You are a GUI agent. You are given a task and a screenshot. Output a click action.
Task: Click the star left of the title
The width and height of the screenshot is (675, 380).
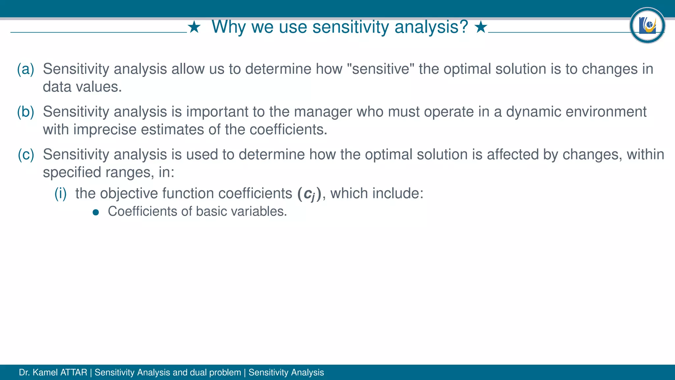click(194, 27)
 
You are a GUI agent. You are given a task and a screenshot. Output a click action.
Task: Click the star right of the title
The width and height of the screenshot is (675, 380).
click(481, 27)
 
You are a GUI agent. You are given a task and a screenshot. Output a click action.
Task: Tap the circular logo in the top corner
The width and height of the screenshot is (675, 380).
click(647, 25)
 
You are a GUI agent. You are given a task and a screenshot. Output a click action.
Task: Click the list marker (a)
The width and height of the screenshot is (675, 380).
click(26, 69)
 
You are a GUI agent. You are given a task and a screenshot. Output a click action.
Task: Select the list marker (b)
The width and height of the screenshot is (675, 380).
click(26, 112)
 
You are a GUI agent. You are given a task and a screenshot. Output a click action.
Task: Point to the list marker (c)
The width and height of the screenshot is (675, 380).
click(26, 155)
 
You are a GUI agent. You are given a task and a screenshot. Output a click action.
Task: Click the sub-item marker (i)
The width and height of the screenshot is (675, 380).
click(61, 193)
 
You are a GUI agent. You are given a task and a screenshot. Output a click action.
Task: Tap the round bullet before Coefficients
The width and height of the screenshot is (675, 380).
click(96, 212)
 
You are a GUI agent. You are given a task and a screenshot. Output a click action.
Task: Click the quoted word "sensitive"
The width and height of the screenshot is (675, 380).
click(381, 69)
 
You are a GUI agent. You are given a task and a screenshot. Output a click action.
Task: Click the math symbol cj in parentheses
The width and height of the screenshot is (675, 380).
click(309, 194)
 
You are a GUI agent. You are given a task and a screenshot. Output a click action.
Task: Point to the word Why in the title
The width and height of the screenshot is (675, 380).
click(228, 27)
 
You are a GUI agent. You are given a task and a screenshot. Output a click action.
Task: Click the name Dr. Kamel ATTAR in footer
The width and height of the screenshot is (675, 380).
click(53, 372)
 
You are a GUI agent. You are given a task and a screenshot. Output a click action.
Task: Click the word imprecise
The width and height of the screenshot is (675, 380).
click(105, 130)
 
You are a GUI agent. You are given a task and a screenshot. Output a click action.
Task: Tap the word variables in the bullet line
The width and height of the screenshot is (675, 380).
click(258, 211)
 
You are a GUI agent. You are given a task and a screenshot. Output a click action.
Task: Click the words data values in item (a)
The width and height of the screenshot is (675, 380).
click(82, 87)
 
